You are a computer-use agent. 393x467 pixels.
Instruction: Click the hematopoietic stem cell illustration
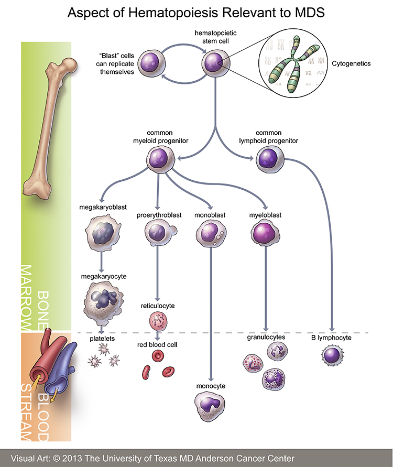tap(214, 64)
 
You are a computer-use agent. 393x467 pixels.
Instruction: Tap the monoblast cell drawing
tap(210, 232)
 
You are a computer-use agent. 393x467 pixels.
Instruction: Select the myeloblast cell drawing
tap(265, 231)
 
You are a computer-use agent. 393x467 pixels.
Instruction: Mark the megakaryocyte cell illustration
tap(102, 301)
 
